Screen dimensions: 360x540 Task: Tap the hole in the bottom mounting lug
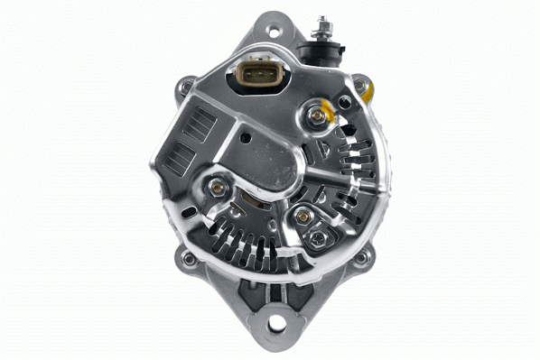[x=276, y=322]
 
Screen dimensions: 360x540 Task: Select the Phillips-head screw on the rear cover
[x=319, y=238]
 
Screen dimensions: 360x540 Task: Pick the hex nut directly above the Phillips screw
[x=304, y=217]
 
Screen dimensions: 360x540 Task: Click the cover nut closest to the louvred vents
[x=217, y=188]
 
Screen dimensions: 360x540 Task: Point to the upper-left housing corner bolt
[x=187, y=88]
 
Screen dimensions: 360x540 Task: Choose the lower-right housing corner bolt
[x=362, y=258]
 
